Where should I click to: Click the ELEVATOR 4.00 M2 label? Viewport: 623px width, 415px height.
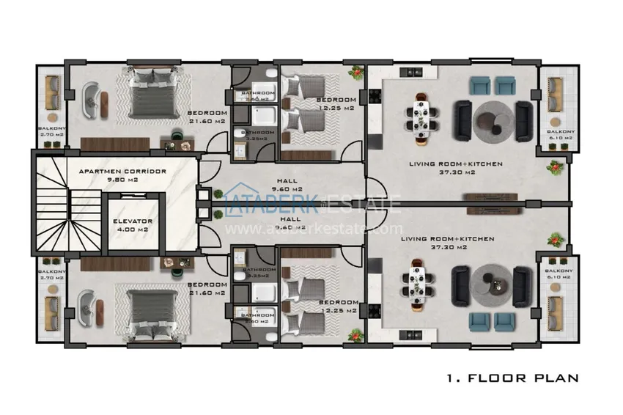[133, 224]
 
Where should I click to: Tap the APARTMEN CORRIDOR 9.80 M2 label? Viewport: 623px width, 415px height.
[123, 175]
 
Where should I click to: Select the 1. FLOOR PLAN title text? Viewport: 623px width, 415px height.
[512, 379]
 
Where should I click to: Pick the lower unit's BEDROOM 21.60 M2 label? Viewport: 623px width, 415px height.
[207, 288]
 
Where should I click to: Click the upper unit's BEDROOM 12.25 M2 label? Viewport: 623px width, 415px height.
[336, 103]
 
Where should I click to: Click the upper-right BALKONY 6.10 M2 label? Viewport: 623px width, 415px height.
[561, 135]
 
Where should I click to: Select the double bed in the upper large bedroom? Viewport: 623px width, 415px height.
[153, 96]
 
